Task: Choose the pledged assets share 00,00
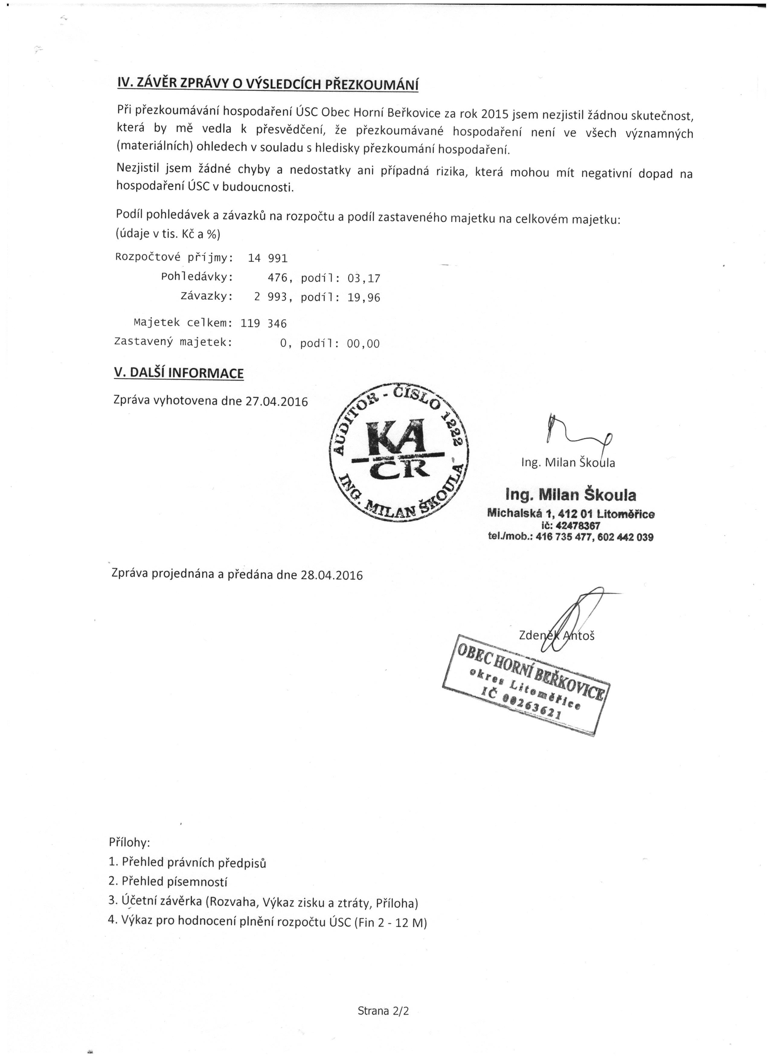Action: pos(363,344)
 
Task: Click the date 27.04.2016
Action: pos(277,401)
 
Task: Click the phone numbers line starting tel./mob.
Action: pos(570,537)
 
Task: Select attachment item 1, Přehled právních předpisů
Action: pos(188,862)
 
